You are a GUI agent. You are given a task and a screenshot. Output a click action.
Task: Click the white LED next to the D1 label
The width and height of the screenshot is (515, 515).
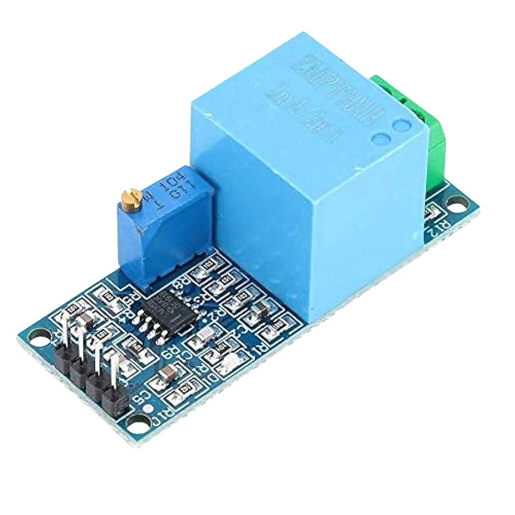click(226, 363)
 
